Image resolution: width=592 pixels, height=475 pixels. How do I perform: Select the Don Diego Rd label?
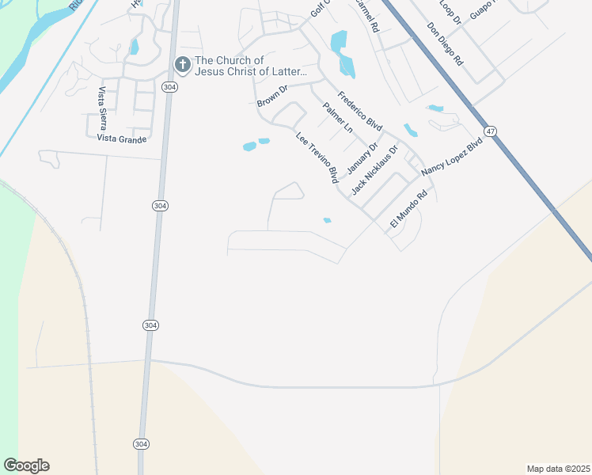pyautogui.click(x=445, y=44)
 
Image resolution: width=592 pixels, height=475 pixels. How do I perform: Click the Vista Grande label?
pyautogui.click(x=121, y=139)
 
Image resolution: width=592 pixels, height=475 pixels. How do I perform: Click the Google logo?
pyautogui.click(x=26, y=465)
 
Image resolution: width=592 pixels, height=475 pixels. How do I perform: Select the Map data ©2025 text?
pyautogui.click(x=559, y=469)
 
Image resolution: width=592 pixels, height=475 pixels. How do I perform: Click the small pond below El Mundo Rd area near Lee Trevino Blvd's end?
pyautogui.click(x=327, y=220)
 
